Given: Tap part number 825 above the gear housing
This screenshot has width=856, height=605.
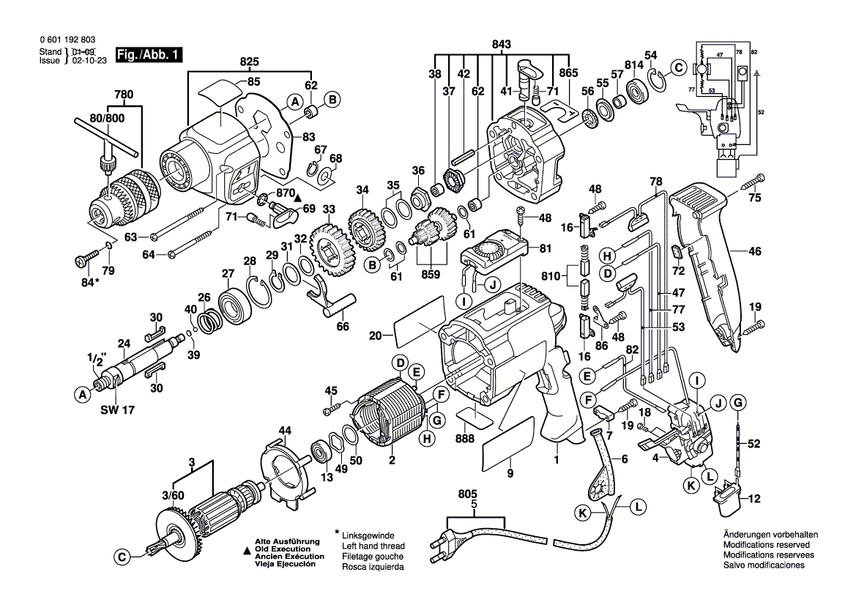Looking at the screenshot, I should pos(250,62).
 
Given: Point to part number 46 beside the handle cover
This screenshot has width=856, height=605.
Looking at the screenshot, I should pos(755,251).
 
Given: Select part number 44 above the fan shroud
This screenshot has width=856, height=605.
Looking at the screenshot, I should pos(285,430).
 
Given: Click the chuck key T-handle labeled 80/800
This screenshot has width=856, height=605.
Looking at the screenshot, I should pos(110,143).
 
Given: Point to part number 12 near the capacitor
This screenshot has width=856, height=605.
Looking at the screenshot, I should pos(755,500).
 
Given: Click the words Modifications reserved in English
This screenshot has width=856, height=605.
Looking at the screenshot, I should pos(766,546).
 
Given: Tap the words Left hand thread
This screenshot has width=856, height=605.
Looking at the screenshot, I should pos(373,546).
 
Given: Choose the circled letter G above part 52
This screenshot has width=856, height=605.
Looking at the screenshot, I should pos(739,401).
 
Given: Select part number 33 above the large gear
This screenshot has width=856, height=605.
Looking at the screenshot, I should pos(328,209).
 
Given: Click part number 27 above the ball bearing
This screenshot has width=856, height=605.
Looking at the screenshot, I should pos(228,274).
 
